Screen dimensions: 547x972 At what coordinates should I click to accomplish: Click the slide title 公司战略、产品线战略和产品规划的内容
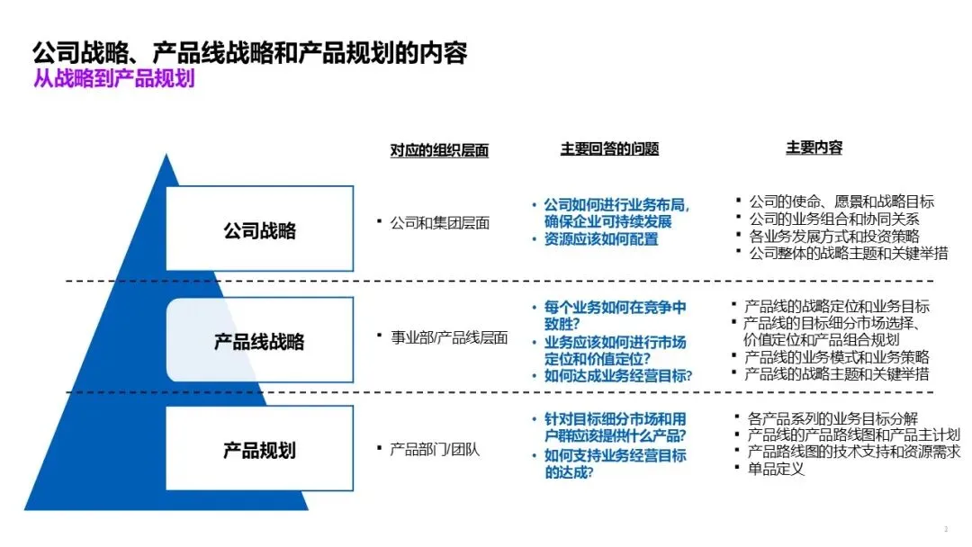[x=249, y=52]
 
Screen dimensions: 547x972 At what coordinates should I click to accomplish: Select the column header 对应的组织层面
[x=439, y=150]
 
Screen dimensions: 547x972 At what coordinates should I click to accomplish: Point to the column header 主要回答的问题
[x=609, y=148]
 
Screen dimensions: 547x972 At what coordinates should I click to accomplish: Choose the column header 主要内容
[x=814, y=148]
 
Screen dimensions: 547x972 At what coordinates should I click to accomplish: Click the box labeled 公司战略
[x=259, y=230]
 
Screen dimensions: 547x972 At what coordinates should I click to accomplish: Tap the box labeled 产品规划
[x=259, y=449]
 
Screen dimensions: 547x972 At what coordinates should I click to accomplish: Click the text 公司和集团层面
[x=439, y=222]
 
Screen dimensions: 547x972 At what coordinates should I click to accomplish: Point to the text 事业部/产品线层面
[x=448, y=337]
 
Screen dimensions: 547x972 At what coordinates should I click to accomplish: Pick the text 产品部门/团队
[x=435, y=449]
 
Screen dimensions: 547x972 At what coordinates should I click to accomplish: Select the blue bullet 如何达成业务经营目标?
[x=618, y=376]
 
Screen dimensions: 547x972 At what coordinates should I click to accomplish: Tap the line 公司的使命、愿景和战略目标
[x=841, y=201]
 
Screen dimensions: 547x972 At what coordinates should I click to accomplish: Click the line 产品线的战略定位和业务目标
[x=836, y=306]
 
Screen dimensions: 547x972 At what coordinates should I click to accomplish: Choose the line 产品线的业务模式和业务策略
[x=836, y=357]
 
